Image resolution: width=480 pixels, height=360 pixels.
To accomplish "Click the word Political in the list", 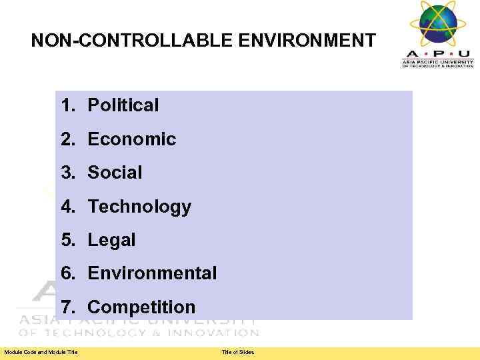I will [123, 105].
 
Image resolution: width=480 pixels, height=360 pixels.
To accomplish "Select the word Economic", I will [131, 139].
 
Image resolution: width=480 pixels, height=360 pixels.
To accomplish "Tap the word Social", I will [115, 173].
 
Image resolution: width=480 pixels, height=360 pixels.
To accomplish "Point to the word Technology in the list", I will [139, 207].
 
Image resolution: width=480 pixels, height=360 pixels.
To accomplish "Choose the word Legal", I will [111, 240].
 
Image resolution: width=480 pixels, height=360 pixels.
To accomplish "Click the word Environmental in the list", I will [152, 273].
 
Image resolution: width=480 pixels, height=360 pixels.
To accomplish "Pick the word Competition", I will [141, 307].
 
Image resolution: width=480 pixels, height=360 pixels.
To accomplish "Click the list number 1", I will [67, 105].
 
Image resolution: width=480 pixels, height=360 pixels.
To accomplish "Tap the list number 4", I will [67, 207].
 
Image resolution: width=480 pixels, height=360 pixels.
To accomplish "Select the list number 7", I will [67, 307].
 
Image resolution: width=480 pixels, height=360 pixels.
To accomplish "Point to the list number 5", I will [67, 240].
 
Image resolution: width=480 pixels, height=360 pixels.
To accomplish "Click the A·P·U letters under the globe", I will [437, 53].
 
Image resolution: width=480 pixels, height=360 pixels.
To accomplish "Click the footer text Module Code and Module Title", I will [41, 352].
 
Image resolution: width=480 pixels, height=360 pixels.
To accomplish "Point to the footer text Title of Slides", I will [238, 352].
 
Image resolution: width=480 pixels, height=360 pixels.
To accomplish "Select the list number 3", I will [67, 173].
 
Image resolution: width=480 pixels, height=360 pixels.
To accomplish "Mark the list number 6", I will [67, 273].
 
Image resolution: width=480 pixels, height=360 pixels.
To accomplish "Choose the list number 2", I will [67, 139].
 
